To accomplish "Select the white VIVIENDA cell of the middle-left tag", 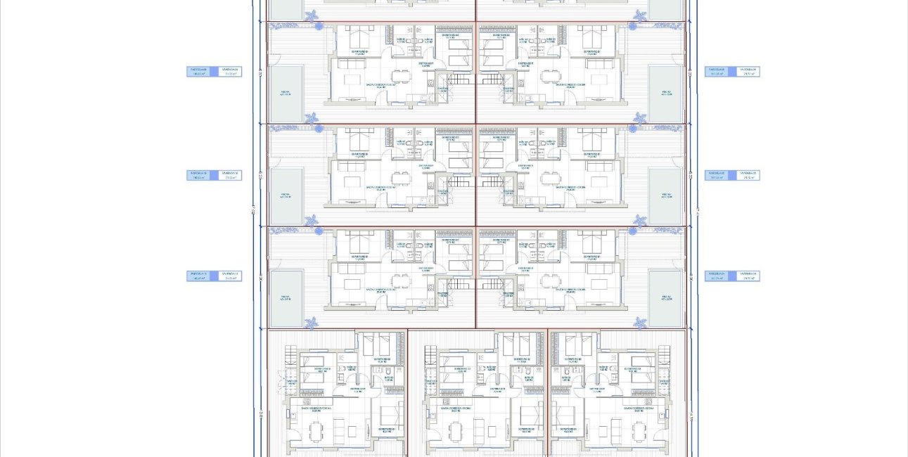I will point(230,175).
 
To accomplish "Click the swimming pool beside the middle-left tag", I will point(286,196).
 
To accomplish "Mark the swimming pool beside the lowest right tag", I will point(665,299).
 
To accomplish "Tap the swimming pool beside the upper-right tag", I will point(665,94).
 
